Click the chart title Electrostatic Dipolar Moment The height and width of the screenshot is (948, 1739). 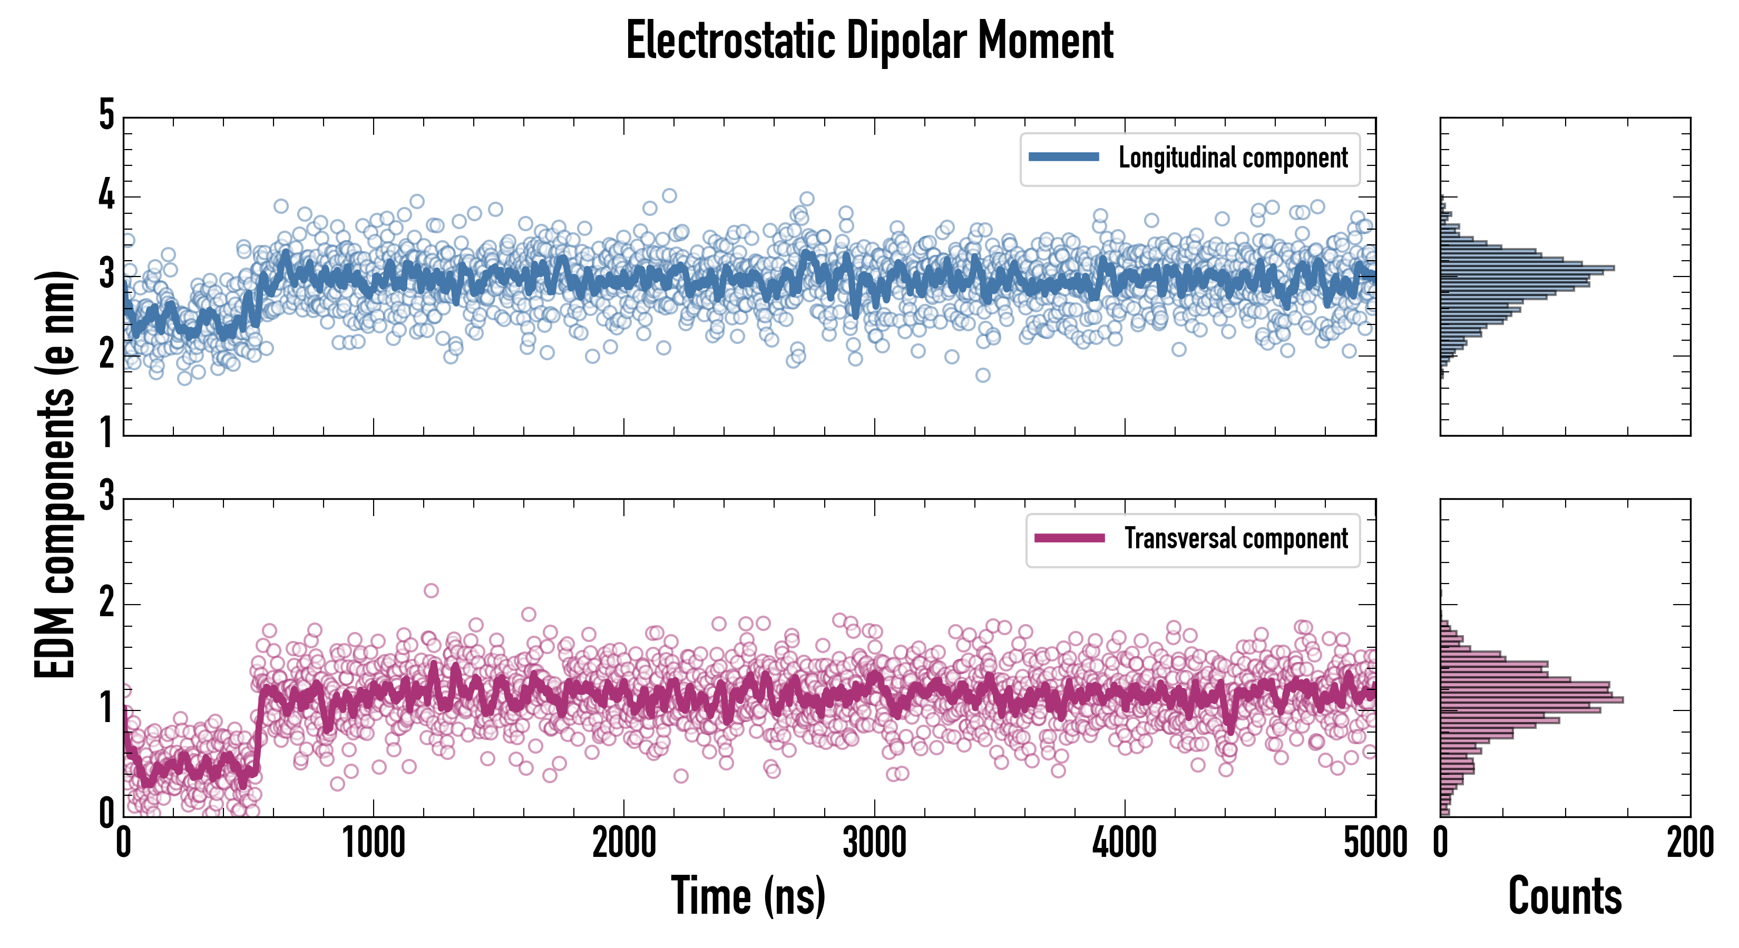(869, 41)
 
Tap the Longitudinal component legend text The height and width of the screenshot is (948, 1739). (1233, 158)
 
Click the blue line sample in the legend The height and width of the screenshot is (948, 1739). (1063, 157)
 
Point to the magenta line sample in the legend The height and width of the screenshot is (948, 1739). (1069, 538)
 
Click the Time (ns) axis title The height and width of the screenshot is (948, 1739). (748, 896)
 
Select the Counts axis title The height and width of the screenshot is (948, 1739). (1565, 896)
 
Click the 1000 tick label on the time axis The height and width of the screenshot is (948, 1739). (373, 843)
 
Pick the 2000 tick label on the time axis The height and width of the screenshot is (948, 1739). (624, 843)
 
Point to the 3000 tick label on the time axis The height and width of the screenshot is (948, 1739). (874, 843)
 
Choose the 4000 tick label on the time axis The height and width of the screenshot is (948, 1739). (1125, 843)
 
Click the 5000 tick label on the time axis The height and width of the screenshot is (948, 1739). (1375, 843)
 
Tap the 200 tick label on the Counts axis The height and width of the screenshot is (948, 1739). (1689, 843)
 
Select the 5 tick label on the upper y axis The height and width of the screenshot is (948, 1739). (106, 115)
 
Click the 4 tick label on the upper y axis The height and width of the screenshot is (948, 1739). (106, 196)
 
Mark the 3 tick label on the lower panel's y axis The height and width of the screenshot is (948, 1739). (106, 496)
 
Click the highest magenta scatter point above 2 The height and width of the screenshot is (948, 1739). (431, 590)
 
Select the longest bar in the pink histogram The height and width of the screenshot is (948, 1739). (1531, 700)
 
